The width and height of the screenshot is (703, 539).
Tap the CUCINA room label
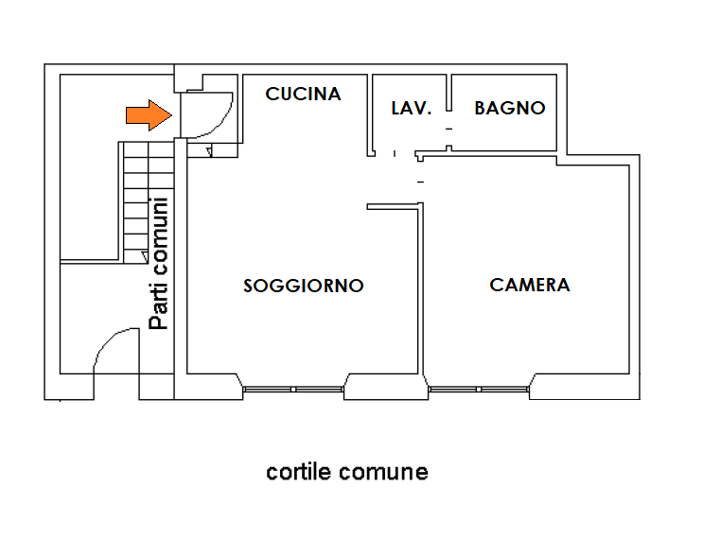[x=303, y=94]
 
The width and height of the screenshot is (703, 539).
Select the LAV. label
[x=412, y=109]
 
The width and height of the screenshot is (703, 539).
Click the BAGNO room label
[x=510, y=108]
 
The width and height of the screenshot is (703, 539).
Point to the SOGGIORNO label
[x=303, y=286]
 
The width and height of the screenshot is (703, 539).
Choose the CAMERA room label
[x=530, y=285]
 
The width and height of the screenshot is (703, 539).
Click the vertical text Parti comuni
[x=160, y=263]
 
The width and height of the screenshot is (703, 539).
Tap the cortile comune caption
[x=346, y=471]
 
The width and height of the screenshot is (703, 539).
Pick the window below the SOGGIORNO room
[x=293, y=389]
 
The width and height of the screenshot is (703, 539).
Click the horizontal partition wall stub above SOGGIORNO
[x=392, y=205]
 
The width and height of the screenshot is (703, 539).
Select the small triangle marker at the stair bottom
[x=143, y=255]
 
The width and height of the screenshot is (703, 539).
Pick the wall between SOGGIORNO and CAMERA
[x=421, y=293]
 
